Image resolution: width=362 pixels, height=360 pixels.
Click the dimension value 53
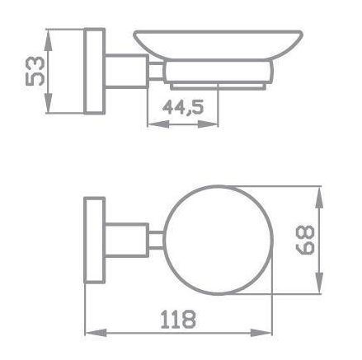point(35,71)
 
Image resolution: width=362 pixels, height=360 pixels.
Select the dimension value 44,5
point(183,107)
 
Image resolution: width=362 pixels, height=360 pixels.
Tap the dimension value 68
point(304,240)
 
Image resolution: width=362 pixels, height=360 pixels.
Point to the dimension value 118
point(178,320)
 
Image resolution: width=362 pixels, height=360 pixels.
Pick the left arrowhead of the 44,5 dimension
point(158,124)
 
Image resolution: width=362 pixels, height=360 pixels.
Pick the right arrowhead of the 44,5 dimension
point(208,124)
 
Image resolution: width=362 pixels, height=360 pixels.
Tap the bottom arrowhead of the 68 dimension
point(318,283)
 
